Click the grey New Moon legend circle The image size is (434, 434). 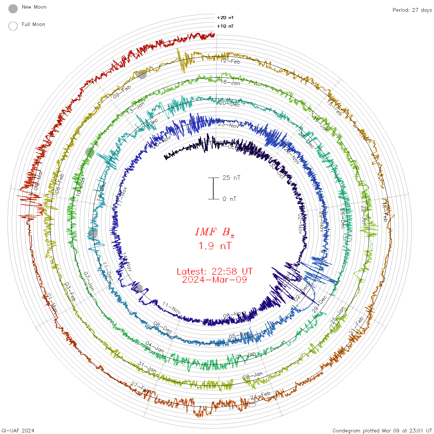pyautogui.click(x=13, y=9)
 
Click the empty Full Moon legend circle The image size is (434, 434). pyautogui.click(x=13, y=26)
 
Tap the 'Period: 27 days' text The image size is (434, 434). pyautogui.click(x=412, y=10)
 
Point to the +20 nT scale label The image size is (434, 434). pyautogui.click(x=225, y=18)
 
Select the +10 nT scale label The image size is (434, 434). pyautogui.click(x=225, y=26)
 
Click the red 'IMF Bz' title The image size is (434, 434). pyautogui.click(x=215, y=232)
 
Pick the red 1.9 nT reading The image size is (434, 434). pyautogui.click(x=215, y=246)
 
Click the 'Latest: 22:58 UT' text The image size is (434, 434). pyautogui.click(x=215, y=271)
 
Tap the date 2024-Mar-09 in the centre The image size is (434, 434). pyautogui.click(x=215, y=280)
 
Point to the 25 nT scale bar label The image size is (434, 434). pyautogui.click(x=231, y=178)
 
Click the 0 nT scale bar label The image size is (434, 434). pyautogui.click(x=229, y=199)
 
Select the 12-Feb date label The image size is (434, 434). pyautogui.click(x=230, y=61)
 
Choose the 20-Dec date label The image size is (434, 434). pyautogui.click(x=229, y=104)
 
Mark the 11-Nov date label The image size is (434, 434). pyautogui.click(x=172, y=308)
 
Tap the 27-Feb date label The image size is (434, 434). pyautogui.click(x=140, y=387)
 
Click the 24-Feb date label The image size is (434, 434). pyautogui.click(x=260, y=396)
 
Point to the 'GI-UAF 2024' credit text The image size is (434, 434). pyautogui.click(x=17, y=430)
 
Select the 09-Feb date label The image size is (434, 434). pyautogui.click(x=122, y=92)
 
